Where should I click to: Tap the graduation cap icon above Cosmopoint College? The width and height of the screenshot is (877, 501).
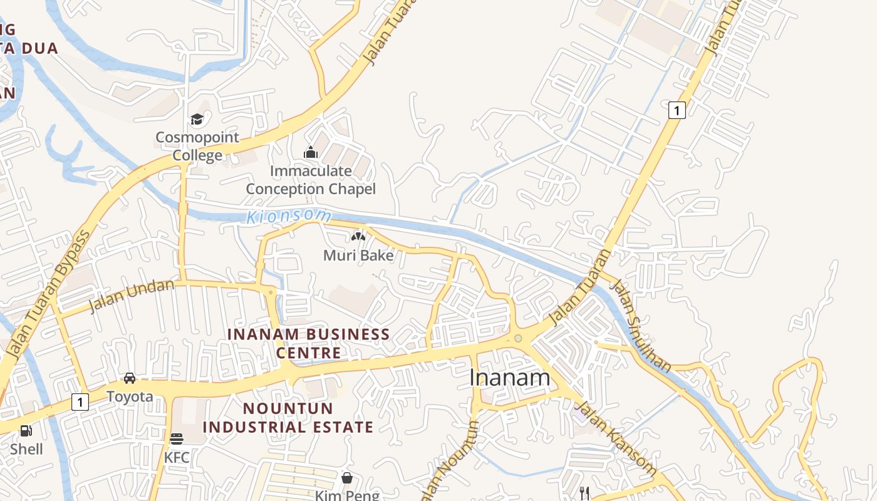pos(197,119)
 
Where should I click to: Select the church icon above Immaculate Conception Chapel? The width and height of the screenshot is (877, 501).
pos(311,152)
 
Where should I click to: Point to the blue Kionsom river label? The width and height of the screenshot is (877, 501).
pos(289,217)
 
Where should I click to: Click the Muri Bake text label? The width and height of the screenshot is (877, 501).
pos(358,256)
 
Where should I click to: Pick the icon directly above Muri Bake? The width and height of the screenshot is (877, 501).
pos(358,237)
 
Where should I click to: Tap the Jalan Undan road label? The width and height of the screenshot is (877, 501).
pos(132,295)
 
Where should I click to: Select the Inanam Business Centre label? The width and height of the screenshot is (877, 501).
pos(309,343)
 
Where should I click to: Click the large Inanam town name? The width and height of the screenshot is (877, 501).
pos(510,378)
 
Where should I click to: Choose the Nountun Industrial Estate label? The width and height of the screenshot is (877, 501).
pos(288,418)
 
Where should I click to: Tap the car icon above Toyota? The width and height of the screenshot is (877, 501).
pos(130,378)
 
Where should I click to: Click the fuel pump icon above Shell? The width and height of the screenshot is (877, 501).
pos(26,431)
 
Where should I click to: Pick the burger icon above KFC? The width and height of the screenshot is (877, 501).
pos(177,439)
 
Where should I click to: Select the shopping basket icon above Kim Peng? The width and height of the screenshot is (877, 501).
pos(347,478)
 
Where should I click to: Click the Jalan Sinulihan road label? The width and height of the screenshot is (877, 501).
pos(640,326)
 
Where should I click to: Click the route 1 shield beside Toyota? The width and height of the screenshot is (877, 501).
pos(80,401)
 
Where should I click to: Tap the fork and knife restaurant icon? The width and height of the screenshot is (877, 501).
pos(584,493)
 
